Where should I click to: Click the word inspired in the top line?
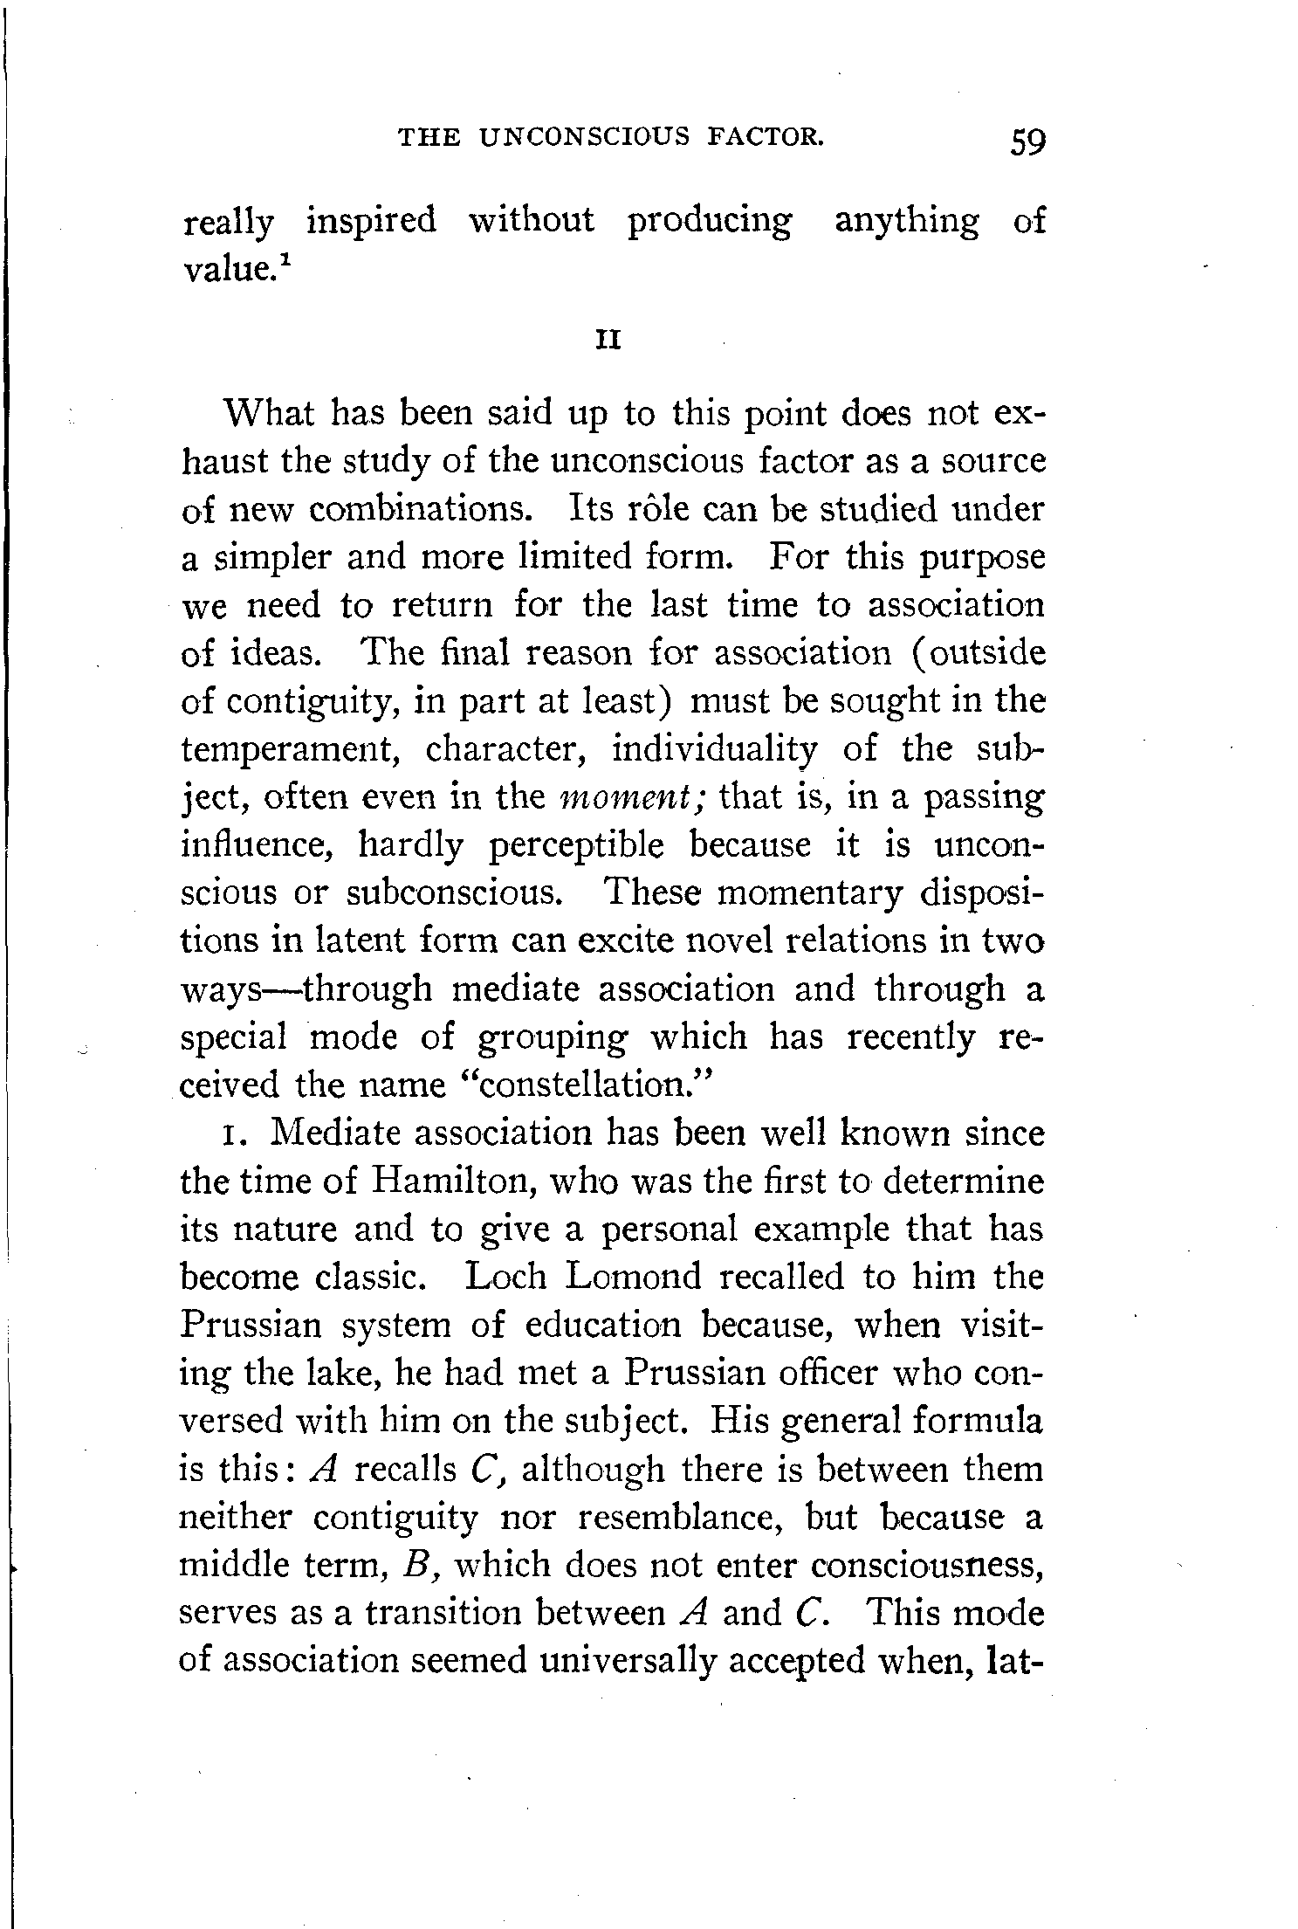coord(371,221)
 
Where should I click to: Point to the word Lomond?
coord(633,1277)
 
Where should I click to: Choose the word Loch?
coord(505,1277)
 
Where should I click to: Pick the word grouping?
coord(551,1037)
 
